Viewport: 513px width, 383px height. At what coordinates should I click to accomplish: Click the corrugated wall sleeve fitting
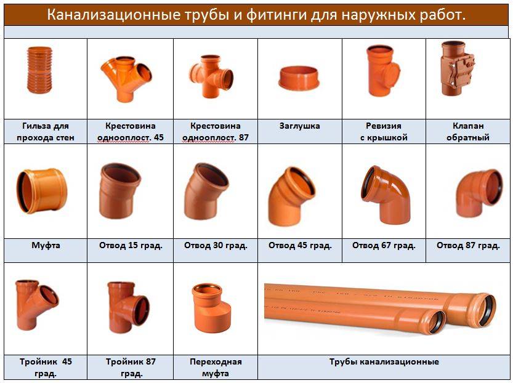point(39,70)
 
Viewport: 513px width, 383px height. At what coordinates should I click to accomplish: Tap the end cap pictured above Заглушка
point(299,78)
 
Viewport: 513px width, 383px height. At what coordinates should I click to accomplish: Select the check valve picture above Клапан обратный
point(456,69)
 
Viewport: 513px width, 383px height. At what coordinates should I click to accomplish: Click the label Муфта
point(46,245)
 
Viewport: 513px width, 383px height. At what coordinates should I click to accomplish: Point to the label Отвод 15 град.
point(131,245)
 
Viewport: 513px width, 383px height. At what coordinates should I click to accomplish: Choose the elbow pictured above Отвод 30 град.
point(206,191)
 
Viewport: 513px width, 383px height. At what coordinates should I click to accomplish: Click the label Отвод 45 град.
point(300,245)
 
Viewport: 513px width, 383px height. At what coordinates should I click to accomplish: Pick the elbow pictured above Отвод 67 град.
point(386,195)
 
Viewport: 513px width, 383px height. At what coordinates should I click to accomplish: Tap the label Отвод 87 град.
point(468,245)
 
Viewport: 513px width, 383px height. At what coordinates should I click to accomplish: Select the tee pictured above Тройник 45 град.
point(36,305)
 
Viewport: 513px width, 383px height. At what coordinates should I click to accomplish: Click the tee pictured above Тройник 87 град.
point(128,307)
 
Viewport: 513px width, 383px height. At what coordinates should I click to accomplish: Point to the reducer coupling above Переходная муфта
point(211,308)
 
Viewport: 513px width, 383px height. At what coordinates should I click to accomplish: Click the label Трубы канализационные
point(384,361)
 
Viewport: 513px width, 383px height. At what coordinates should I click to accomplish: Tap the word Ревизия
point(384,126)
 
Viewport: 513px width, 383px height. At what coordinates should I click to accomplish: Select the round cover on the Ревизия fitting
point(395,71)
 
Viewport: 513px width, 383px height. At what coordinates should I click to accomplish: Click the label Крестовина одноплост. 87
point(216,132)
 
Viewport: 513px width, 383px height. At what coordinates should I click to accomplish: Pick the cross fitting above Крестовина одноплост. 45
point(126,78)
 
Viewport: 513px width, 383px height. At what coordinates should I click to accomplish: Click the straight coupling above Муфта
point(42,191)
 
